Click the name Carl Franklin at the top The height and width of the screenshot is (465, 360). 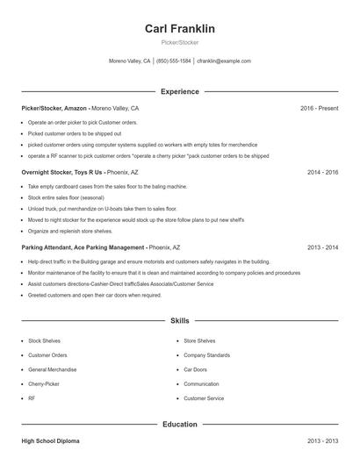(x=179, y=29)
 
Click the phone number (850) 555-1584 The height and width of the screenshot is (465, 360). (x=174, y=61)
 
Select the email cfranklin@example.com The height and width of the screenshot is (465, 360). (x=224, y=61)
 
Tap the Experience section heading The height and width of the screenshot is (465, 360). (x=179, y=91)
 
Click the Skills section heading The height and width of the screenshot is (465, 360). (x=179, y=321)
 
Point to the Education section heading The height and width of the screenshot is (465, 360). (x=179, y=424)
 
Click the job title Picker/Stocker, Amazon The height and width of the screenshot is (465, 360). (x=54, y=108)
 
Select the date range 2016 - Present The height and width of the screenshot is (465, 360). (x=319, y=108)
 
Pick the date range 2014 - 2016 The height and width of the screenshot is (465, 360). (x=322, y=172)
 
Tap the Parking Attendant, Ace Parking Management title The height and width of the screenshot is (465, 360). (x=83, y=247)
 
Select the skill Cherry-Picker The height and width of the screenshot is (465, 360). (x=45, y=384)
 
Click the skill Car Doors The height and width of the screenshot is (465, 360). (x=195, y=369)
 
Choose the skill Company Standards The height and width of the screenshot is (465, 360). (x=206, y=355)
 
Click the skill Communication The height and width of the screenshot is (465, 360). (x=201, y=384)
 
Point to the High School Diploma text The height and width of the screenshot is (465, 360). (x=50, y=440)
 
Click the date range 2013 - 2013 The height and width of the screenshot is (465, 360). (x=322, y=440)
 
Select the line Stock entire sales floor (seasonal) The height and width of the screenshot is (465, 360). (x=66, y=197)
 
